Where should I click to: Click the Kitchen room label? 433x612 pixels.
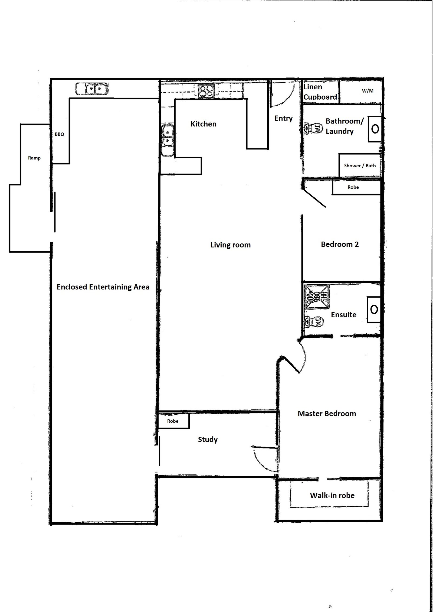pyautogui.click(x=203, y=124)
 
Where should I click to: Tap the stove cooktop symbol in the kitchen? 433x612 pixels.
pyautogui.click(x=206, y=91)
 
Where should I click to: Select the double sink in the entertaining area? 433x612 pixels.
pyautogui.click(x=92, y=89)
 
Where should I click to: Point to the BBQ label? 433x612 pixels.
pyautogui.click(x=60, y=134)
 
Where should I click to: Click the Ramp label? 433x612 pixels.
pyautogui.click(x=34, y=158)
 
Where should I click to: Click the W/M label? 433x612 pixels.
pyautogui.click(x=368, y=91)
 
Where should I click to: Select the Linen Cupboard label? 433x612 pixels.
pyautogui.click(x=320, y=92)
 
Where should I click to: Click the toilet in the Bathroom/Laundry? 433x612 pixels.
pyautogui.click(x=313, y=128)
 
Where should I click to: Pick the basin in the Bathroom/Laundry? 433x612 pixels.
pyautogui.click(x=375, y=129)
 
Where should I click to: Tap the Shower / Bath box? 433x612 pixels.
pyautogui.click(x=360, y=166)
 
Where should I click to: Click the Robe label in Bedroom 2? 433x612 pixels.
pyautogui.click(x=353, y=187)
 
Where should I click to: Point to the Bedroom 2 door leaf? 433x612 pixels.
pyautogui.click(x=314, y=198)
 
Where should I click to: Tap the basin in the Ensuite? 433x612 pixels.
pyautogui.click(x=374, y=309)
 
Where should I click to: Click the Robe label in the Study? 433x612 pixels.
pyautogui.click(x=173, y=421)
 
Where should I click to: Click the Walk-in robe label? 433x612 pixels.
pyautogui.click(x=332, y=496)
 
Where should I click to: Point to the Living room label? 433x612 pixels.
pyautogui.click(x=230, y=245)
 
